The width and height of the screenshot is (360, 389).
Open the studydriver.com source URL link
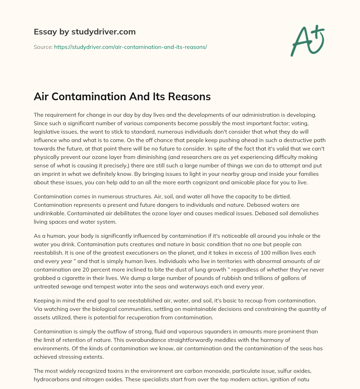(130, 47)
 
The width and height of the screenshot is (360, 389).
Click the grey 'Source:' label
(43, 47)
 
